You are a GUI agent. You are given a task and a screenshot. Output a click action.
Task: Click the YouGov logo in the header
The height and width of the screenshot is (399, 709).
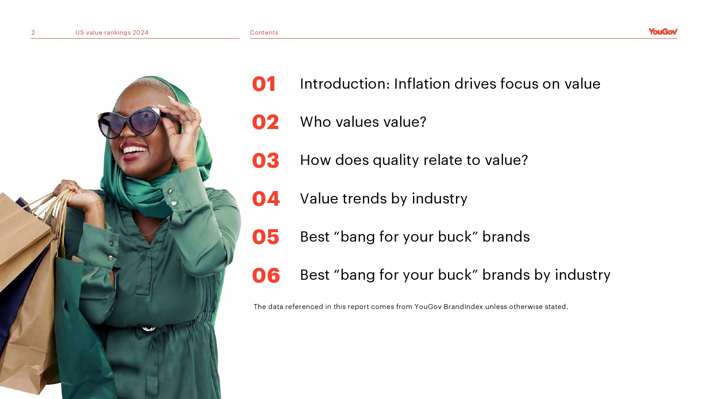663,31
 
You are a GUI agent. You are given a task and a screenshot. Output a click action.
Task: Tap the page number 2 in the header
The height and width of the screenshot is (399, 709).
33,33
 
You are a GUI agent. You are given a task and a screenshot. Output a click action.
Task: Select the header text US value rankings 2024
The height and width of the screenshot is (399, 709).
112,33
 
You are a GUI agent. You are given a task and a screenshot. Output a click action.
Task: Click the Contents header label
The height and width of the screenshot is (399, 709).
264,33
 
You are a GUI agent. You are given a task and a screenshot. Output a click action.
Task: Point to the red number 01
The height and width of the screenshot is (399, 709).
264,84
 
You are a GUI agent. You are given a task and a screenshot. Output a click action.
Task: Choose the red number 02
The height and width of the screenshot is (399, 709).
265,122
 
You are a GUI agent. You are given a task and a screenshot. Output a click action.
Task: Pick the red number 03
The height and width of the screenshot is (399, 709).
265,160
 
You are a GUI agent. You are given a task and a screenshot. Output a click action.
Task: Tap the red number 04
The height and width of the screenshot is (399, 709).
266,199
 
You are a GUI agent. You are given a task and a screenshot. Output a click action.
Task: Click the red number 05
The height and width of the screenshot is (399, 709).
265,237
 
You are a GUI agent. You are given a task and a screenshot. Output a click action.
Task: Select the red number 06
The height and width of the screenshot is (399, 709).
266,275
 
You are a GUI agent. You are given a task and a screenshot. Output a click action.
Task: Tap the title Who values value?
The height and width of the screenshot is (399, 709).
363,122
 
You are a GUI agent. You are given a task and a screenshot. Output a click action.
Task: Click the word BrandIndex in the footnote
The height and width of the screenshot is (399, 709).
464,306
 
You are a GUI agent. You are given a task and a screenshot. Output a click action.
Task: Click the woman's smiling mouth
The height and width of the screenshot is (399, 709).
135,151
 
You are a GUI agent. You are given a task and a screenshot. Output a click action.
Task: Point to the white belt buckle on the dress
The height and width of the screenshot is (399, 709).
149,329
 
